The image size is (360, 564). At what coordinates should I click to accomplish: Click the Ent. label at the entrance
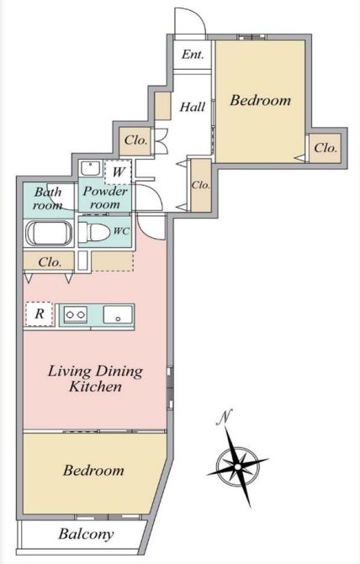193,55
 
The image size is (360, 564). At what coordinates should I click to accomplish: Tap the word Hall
193,107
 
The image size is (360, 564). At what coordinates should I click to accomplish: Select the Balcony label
86,534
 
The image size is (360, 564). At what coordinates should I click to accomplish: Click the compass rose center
237,466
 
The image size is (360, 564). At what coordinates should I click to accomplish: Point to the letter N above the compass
224,417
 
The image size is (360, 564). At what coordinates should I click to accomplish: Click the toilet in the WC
94,232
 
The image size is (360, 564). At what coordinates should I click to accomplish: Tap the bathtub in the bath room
48,233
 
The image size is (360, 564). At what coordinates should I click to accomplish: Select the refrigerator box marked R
40,314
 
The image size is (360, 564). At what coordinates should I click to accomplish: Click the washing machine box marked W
118,172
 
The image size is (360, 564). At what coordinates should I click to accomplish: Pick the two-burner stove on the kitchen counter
75,314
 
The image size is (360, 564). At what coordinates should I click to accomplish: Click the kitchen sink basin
118,314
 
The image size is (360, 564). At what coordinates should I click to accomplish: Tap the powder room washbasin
90,168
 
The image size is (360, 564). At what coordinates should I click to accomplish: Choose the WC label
121,231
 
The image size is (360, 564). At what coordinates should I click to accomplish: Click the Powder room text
105,198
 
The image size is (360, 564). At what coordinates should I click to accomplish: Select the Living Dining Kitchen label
95,378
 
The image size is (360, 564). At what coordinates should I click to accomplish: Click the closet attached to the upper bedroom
325,148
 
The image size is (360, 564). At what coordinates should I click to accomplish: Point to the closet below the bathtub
49,261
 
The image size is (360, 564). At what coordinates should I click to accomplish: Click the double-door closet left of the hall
135,141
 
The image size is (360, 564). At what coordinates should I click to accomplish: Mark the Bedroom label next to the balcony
93,471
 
